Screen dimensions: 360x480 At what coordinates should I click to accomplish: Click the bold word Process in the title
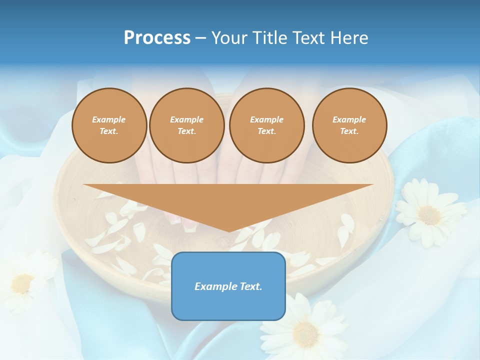click(157, 38)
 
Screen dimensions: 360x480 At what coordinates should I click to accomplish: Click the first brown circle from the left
click(109, 125)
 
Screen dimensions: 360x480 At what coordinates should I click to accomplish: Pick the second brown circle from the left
click(186, 125)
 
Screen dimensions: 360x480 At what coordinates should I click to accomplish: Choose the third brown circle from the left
click(266, 125)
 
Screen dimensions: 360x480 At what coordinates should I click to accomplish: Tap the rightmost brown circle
click(349, 125)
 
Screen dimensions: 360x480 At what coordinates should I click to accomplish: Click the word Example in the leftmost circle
click(109, 119)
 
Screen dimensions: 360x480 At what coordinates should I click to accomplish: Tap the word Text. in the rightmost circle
click(349, 131)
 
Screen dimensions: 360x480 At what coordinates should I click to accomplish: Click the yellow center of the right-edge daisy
click(429, 214)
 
